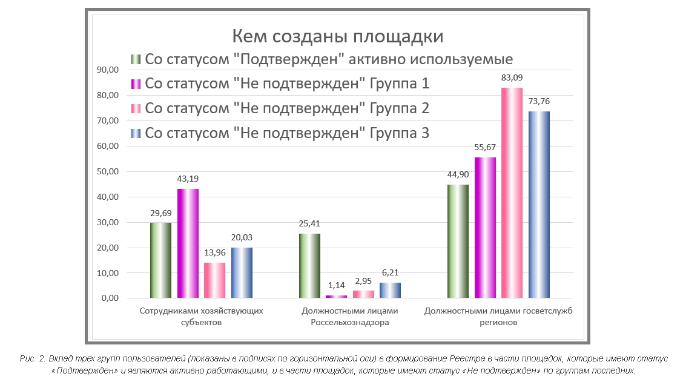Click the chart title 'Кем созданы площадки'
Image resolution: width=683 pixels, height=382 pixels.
click(338, 36)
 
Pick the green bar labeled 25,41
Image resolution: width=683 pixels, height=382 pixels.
click(309, 266)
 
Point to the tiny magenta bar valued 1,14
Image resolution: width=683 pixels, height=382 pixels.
click(337, 297)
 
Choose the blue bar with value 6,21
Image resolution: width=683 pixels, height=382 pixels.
click(391, 291)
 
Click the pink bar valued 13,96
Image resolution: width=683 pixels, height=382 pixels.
click(215, 280)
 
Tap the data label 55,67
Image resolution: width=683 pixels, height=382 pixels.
click(485, 147)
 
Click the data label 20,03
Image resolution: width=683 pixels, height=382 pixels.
click(242, 238)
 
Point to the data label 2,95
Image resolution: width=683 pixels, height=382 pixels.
click(363, 281)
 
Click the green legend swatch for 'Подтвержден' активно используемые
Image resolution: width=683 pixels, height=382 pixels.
click(136, 59)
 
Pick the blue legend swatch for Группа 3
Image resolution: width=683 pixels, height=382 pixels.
click(136, 133)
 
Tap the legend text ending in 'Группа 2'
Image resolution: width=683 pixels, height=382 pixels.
click(287, 108)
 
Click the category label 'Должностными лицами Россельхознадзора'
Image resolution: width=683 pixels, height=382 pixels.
click(350, 317)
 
